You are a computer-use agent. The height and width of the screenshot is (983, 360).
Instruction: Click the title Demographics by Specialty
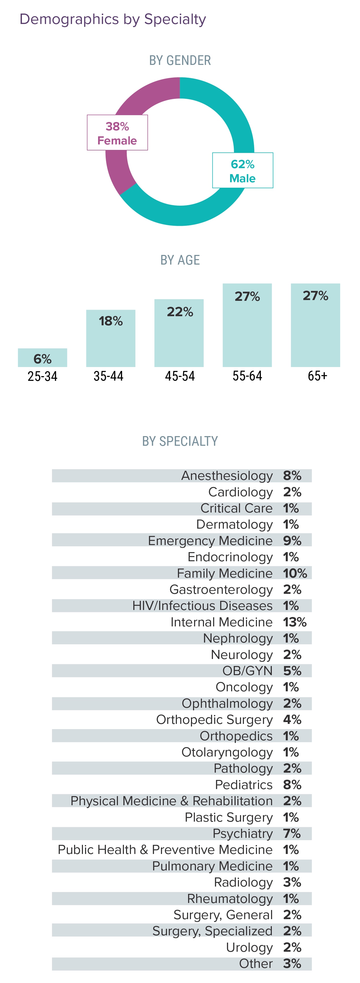pos(113,19)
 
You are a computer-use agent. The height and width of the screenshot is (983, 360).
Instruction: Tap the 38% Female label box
pos(117,133)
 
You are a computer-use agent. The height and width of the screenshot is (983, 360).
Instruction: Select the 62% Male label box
pos(242,170)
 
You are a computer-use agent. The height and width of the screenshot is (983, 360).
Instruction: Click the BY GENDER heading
pos(180,60)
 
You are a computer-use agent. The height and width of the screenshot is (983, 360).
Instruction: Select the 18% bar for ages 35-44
pos(111,338)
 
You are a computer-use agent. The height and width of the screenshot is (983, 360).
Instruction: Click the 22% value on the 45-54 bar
pos(180,312)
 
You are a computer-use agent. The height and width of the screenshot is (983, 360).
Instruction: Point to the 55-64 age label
pos(247,376)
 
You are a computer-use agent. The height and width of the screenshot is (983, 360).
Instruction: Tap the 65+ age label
pos(317,376)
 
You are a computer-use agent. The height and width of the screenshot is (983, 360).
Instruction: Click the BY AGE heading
pos(180,260)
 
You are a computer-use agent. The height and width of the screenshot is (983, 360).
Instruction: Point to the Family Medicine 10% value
pos(295,573)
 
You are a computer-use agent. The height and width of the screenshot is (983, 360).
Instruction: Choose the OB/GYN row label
pos(247,671)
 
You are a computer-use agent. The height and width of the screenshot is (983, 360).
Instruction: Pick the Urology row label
pos(249,948)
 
